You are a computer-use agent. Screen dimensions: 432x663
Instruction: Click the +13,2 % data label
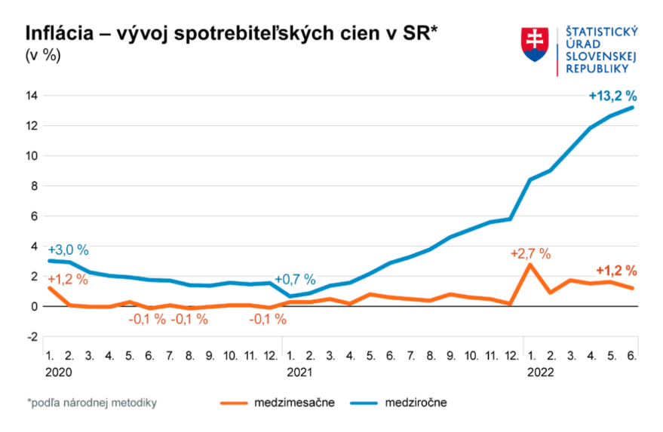pos(612,96)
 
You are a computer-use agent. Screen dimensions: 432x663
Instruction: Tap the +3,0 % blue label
pos(68,250)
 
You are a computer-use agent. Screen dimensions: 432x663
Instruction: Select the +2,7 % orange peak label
pos(530,253)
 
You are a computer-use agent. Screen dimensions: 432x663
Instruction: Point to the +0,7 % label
pos(295,280)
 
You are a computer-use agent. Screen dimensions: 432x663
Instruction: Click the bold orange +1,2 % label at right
pos(616,271)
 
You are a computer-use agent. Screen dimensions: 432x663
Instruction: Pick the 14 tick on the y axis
pos(32,96)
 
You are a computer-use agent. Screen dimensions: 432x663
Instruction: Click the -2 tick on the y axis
pos(32,337)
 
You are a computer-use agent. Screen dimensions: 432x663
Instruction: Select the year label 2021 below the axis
pos(299,372)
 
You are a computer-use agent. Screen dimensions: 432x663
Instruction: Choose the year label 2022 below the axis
pos(540,372)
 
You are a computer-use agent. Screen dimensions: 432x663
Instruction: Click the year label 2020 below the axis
pos(57,372)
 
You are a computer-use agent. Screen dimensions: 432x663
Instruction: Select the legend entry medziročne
pos(416,403)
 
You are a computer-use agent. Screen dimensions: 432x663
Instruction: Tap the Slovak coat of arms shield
pos(534,44)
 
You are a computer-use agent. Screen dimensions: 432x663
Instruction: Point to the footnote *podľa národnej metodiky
pos(91,403)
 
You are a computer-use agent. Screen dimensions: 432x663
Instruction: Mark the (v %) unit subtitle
pos(44,55)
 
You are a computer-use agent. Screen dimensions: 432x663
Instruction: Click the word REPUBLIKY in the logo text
pos(597,68)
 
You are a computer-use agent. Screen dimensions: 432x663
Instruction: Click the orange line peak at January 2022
pos(530,265)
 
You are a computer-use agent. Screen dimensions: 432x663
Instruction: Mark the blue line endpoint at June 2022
pos(632,107)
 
